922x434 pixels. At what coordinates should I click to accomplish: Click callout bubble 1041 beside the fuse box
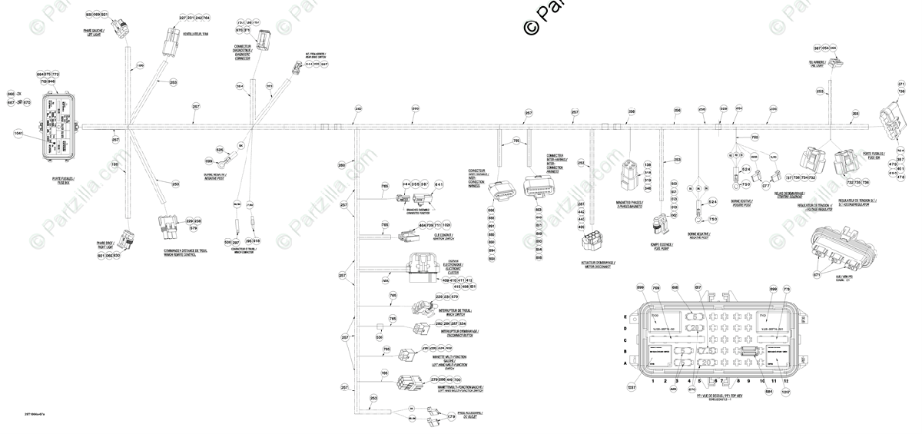[19, 133]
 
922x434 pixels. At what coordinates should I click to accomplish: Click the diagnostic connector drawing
[264, 40]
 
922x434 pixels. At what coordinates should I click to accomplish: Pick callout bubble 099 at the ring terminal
[208, 161]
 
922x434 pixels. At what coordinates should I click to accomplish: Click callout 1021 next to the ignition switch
[446, 225]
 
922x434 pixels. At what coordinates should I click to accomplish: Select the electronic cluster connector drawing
[422, 264]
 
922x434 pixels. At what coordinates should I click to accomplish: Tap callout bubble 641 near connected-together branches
[439, 184]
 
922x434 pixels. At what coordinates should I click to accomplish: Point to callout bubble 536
[380, 336]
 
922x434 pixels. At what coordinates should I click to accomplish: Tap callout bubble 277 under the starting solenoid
[765, 185]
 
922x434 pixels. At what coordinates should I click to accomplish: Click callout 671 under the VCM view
[817, 274]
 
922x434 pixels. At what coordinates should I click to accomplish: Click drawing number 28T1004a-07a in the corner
[35, 414]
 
